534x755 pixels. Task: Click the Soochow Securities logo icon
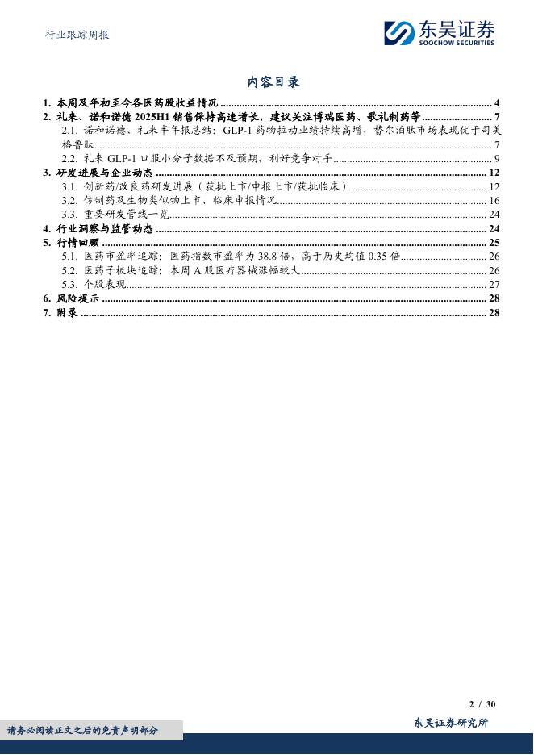tap(398, 33)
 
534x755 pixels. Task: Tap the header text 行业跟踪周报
tap(75, 35)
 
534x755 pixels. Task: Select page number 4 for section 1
tap(498, 103)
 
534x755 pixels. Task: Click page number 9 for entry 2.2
tap(498, 158)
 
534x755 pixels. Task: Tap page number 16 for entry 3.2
tap(494, 200)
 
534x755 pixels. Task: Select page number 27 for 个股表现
tap(494, 284)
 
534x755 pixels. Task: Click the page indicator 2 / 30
tap(482, 703)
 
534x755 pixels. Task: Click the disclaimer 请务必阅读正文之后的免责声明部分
tap(82, 730)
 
